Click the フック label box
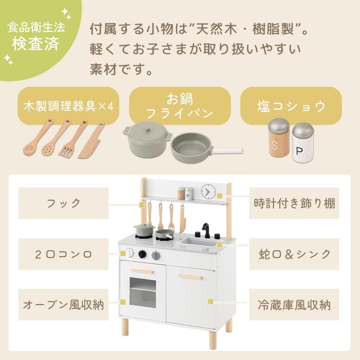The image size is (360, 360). click(63, 203)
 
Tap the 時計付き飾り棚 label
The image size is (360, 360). click(294, 203)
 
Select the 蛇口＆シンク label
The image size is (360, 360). click(294, 254)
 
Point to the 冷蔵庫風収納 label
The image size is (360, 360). click(294, 304)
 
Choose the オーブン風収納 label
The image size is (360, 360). click(63, 304)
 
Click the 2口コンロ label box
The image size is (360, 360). click(63, 254)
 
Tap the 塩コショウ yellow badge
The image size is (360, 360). click(291, 106)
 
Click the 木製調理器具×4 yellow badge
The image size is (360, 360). click(68, 106)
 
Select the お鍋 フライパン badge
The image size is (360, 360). click(180, 106)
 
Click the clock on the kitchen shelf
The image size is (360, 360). click(208, 192)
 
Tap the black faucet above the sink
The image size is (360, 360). click(206, 229)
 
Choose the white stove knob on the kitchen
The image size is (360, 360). click(130, 253)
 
